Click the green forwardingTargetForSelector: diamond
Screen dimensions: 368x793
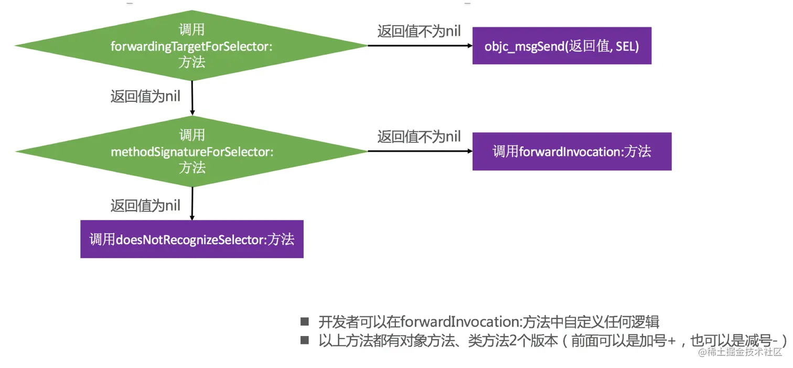(191, 46)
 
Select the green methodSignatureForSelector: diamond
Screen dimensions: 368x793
(191, 151)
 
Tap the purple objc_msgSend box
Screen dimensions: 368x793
(561, 46)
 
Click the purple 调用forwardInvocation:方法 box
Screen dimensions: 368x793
(572, 152)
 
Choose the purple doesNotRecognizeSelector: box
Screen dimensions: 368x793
(191, 239)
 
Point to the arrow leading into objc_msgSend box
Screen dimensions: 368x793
(420, 46)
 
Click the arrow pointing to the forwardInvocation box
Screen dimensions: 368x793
(420, 151)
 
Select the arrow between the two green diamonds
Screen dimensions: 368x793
(192, 98)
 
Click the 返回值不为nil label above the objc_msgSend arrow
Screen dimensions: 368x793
(419, 31)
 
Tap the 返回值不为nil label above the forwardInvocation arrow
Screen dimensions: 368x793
(419, 136)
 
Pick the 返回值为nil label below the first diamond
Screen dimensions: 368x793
(145, 97)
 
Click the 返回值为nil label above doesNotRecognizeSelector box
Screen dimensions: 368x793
(145, 205)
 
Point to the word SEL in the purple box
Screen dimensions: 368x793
(624, 46)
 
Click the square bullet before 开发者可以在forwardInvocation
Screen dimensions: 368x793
(305, 321)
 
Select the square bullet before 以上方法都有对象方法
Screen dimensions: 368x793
(305, 340)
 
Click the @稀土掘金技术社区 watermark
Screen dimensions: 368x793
(740, 352)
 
